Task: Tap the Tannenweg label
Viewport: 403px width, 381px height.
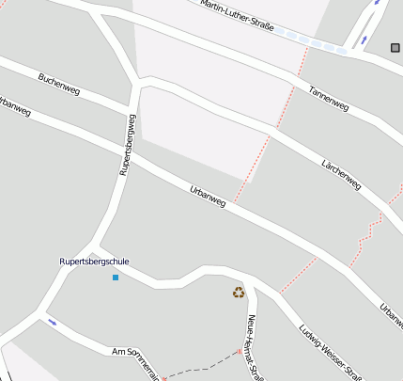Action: click(x=329, y=98)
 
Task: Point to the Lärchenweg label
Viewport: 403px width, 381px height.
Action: click(x=341, y=174)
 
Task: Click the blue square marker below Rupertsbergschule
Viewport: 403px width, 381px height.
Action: click(x=116, y=278)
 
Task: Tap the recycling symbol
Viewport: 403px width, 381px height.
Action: click(x=239, y=293)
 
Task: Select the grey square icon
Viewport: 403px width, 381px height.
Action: click(x=395, y=47)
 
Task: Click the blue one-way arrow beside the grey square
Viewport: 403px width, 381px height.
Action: click(x=377, y=3)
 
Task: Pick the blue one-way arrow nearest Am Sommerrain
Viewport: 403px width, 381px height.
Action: click(x=52, y=323)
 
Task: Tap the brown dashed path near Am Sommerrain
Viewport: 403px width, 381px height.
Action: click(x=202, y=366)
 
